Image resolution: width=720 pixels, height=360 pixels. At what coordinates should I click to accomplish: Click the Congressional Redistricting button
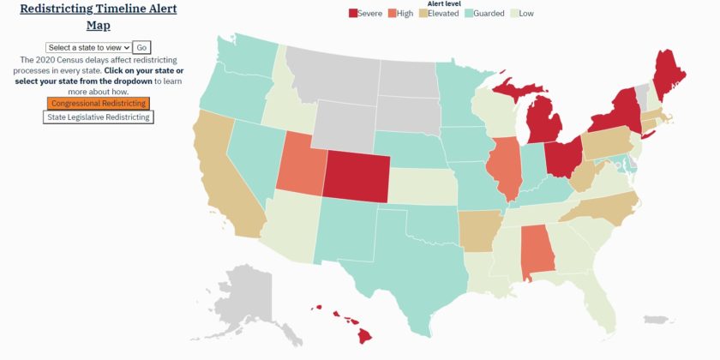pyautogui.click(x=99, y=104)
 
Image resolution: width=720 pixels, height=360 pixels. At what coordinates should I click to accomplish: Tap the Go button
pyautogui.click(x=142, y=48)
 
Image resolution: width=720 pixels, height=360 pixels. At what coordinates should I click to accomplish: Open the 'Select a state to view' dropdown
pyautogui.click(x=88, y=48)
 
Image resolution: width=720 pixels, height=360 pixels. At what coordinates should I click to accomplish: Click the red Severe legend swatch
pyautogui.click(x=354, y=14)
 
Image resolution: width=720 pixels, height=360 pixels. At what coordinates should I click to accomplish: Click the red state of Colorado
pyautogui.click(x=356, y=176)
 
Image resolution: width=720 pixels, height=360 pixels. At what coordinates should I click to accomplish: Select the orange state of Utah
pyautogui.click(x=299, y=162)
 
